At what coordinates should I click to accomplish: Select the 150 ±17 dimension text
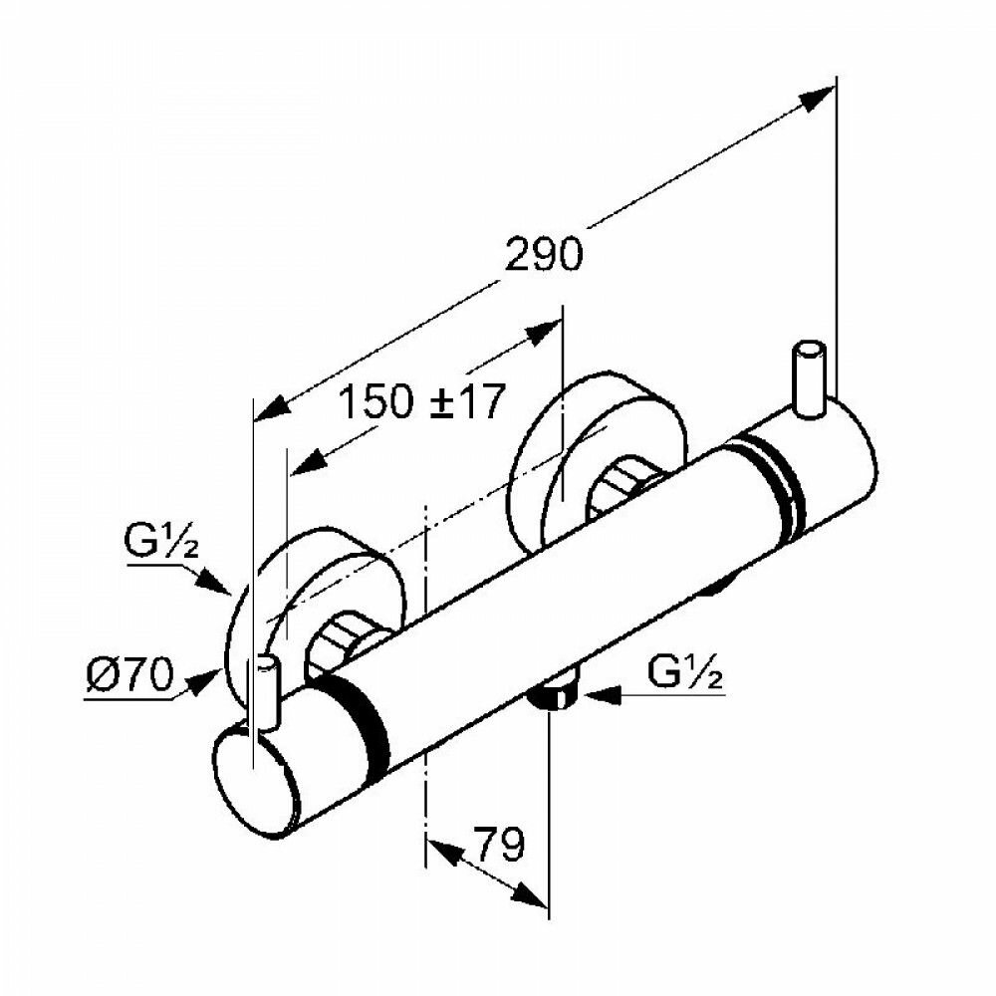(418, 402)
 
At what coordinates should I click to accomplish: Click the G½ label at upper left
(159, 548)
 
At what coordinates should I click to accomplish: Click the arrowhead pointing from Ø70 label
(208, 679)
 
